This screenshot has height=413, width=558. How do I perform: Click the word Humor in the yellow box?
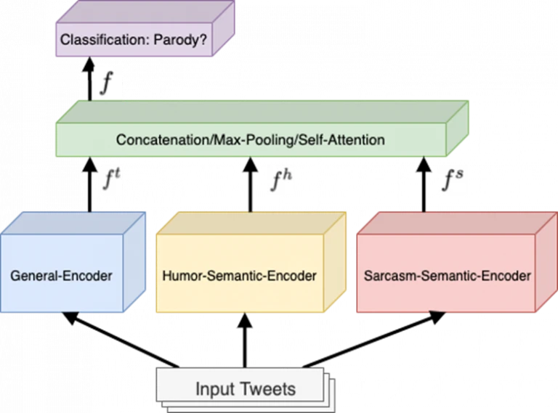pyautogui.click(x=182, y=277)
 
